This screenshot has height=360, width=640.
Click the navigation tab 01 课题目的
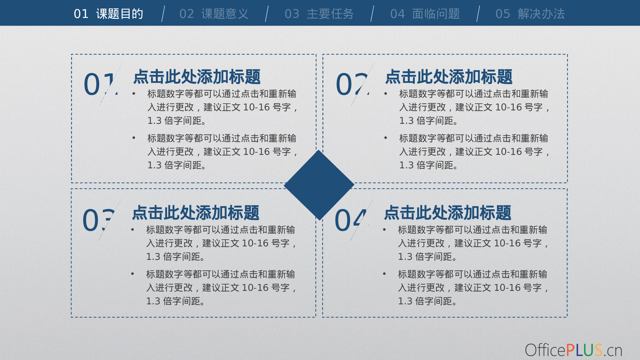[108, 14]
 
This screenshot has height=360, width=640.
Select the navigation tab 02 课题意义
[214, 14]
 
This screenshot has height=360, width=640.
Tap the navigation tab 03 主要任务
[319, 14]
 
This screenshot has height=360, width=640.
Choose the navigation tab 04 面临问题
[425, 14]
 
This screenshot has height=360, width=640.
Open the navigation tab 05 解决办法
[530, 14]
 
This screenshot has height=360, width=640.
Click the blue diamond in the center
[319, 185]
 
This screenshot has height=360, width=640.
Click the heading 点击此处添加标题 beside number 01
[197, 77]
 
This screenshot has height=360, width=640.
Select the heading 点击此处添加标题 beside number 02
[449, 77]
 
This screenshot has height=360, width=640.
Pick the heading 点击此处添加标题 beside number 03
[196, 213]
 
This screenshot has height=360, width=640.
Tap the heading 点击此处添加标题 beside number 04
[447, 213]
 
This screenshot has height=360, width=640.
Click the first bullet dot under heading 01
[134, 93]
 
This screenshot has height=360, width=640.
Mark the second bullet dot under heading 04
[384, 274]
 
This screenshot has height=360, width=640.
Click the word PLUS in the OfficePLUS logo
[584, 350]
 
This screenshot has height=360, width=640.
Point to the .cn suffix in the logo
[613, 351]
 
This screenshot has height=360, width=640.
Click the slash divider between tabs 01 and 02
[164, 14]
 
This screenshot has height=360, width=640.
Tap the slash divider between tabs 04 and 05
[478, 14]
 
